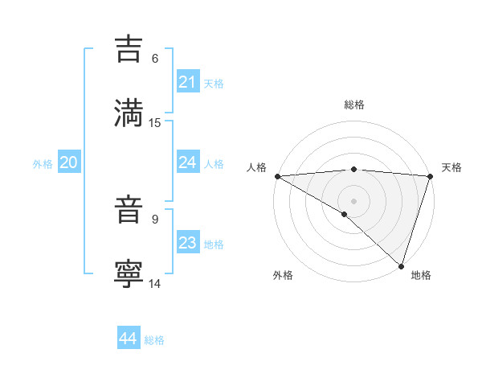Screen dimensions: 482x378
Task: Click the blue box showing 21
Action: (187, 82)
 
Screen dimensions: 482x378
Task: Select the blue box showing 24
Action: (187, 162)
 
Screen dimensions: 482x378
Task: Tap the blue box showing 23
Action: (187, 243)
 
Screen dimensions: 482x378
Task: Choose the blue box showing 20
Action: (68, 162)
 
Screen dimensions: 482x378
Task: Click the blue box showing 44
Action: (128, 339)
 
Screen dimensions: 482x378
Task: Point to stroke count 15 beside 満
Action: (155, 122)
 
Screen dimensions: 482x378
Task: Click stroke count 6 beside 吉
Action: (155, 58)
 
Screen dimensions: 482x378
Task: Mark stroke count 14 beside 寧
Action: (155, 283)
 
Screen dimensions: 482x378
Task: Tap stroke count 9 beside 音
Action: (155, 219)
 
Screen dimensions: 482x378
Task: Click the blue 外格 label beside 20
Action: (43, 164)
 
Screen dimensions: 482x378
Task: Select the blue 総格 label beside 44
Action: (154, 340)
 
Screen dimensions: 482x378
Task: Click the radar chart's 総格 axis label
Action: (353, 105)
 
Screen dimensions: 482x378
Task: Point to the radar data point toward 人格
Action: (277, 176)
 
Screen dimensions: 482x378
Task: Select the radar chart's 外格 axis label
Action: (283, 275)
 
